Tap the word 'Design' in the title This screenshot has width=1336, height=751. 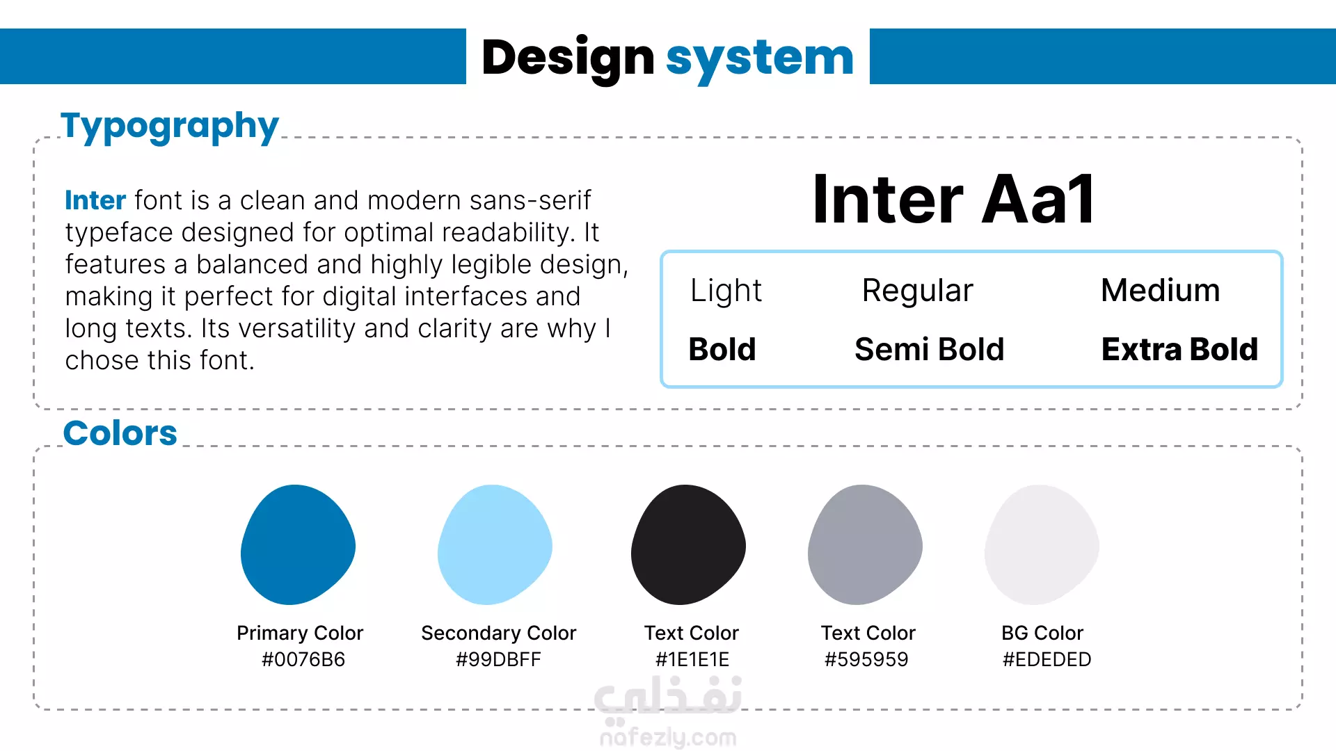568,58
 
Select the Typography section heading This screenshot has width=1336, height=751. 170,127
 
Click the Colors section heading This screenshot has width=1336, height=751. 120,433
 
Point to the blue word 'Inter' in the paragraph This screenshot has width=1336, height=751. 95,200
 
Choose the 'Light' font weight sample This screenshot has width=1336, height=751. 726,291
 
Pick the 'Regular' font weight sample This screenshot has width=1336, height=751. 917,291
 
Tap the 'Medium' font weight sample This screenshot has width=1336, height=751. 1160,290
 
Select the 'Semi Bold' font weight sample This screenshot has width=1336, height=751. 929,349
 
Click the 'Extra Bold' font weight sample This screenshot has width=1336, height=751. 1179,349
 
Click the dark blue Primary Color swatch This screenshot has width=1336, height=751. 299,544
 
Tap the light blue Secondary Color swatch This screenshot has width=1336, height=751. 495,544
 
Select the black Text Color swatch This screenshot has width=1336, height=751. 688,544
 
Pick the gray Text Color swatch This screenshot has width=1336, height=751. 865,544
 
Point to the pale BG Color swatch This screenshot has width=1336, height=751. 1042,544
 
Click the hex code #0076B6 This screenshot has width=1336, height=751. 303,659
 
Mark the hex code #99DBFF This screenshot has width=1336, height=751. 498,659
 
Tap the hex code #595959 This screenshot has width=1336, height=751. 866,659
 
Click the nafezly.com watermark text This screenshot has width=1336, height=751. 668,737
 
